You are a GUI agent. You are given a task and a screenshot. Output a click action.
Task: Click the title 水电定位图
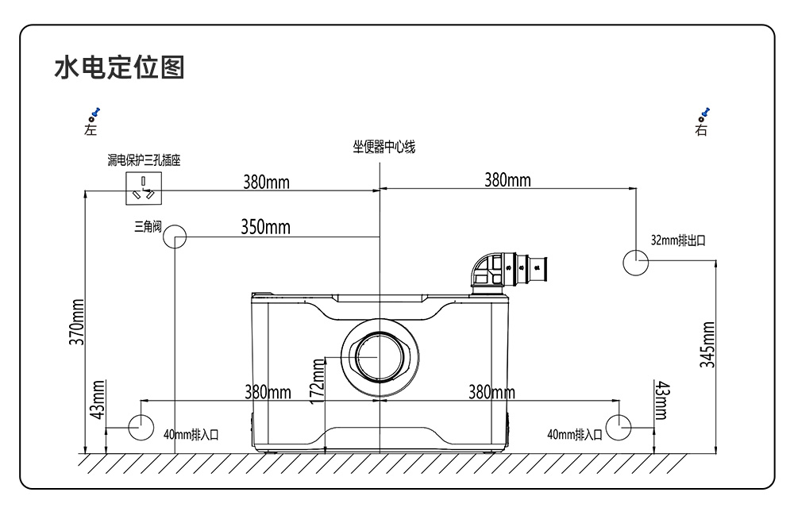tap(119, 67)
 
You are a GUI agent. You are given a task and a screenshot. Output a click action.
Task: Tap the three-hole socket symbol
tap(144, 188)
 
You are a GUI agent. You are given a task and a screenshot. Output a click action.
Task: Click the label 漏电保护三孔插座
tap(144, 160)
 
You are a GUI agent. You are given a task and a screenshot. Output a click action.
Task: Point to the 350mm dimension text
tap(265, 227)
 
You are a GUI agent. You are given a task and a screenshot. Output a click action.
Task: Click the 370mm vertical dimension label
tap(76, 322)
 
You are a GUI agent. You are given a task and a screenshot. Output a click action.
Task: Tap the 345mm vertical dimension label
tap(707, 344)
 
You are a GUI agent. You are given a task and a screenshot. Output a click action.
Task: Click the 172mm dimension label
tap(317, 381)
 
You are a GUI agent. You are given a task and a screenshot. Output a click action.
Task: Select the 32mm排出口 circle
tap(635, 263)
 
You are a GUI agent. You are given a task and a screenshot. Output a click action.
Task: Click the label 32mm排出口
tap(678, 240)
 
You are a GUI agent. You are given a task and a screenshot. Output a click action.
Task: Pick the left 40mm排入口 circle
tap(141, 428)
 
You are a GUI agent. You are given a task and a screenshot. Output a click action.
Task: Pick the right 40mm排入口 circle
tap(619, 428)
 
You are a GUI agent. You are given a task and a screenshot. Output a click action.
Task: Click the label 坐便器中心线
tap(384, 148)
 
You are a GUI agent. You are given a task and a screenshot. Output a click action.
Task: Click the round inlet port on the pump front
tap(380, 357)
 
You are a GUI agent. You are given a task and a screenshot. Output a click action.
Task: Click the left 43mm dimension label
tap(98, 400)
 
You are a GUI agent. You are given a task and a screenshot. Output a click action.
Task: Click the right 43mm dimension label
tap(662, 401)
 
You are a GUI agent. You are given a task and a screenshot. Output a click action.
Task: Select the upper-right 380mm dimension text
tap(507, 180)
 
